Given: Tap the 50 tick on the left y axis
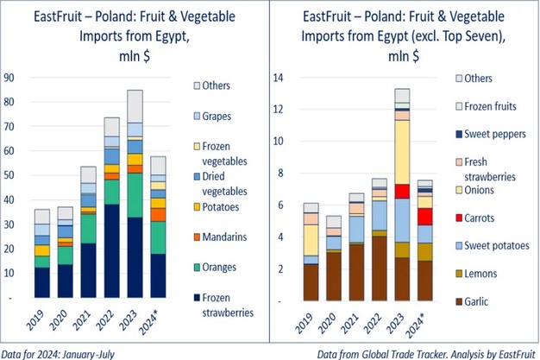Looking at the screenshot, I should tap(10, 176).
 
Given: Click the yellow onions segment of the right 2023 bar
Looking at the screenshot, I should tap(400, 151).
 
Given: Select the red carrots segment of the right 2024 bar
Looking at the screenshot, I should tap(424, 216).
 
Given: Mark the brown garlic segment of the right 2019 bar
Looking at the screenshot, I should tap(310, 281).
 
